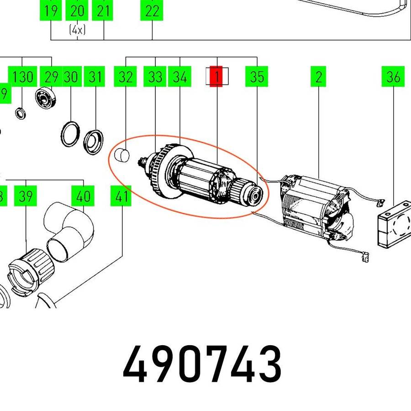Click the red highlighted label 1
click(216, 76)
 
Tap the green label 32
click(125, 76)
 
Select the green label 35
click(257, 76)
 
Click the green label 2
click(318, 76)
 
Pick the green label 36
click(393, 76)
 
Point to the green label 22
click(152, 10)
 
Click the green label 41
click(121, 196)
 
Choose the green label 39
click(26, 196)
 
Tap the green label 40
click(83, 196)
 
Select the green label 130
click(22, 76)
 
